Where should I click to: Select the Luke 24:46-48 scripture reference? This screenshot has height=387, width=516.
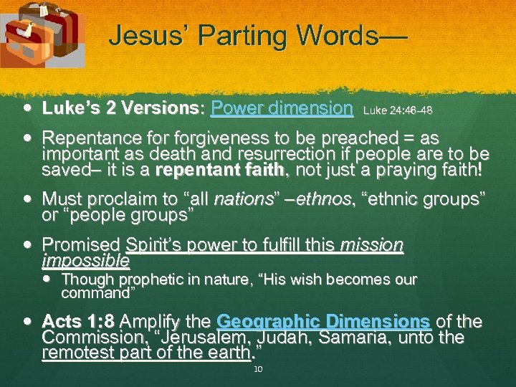tap(398, 111)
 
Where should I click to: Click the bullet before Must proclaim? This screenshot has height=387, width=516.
tap(27, 199)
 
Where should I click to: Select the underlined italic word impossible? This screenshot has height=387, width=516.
tap(86, 260)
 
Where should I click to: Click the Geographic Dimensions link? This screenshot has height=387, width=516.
tap(323, 321)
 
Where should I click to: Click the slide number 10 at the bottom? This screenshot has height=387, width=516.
tap(259, 369)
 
